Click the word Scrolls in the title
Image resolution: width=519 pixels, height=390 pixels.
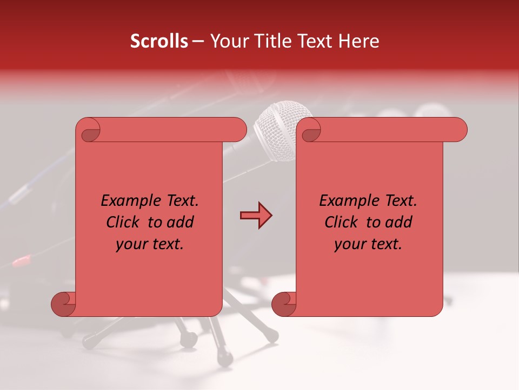[159, 41]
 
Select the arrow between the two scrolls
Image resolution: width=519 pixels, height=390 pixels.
[256, 216]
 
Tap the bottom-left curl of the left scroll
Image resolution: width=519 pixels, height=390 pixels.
[63, 304]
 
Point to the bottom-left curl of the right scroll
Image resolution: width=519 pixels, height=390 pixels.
[284, 304]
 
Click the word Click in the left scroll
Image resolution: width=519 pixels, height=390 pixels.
[124, 222]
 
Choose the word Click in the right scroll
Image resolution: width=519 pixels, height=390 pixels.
[342, 222]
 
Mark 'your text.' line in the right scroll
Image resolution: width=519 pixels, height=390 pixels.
[368, 244]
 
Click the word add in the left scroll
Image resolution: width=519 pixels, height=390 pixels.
[180, 222]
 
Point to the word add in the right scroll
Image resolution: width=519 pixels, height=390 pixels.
[398, 222]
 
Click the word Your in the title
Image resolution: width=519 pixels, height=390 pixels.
[228, 41]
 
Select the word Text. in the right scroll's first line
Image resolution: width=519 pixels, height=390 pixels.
[397, 201]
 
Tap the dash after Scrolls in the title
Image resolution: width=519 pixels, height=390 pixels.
[198, 42]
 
